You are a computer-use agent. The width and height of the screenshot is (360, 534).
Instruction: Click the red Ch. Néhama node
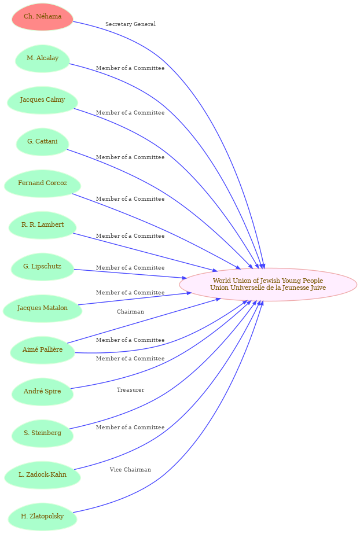[x=43, y=17]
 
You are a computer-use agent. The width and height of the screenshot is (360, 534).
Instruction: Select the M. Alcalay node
[x=43, y=58]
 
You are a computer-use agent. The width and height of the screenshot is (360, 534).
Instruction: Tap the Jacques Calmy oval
[x=43, y=100]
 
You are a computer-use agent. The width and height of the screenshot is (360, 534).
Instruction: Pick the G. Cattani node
[x=43, y=142]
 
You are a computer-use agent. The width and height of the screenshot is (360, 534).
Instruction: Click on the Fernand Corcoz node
[x=43, y=183]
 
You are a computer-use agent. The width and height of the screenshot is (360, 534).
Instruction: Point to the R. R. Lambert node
[x=43, y=225]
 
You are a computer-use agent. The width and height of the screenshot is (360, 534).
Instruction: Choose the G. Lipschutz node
[x=43, y=267]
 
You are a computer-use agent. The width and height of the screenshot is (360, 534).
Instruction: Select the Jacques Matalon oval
[x=43, y=308]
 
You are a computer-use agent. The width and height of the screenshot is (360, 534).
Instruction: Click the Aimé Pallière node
[x=43, y=350]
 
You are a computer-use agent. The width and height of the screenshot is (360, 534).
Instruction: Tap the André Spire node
[x=43, y=392]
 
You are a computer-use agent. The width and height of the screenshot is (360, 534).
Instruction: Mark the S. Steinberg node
[x=43, y=433]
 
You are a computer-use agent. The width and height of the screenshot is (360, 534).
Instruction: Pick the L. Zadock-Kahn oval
[x=43, y=475]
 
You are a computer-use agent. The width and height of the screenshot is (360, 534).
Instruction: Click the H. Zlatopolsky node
[x=43, y=517]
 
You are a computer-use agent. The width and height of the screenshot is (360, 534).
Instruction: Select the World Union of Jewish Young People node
[x=268, y=285]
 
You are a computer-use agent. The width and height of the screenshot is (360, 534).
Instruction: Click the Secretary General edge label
[x=130, y=24]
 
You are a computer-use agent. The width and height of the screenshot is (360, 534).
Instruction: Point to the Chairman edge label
[x=130, y=312]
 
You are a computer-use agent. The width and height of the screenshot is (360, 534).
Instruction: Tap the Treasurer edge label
[x=130, y=390]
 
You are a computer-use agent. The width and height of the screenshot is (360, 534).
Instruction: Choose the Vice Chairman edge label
[x=130, y=470]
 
